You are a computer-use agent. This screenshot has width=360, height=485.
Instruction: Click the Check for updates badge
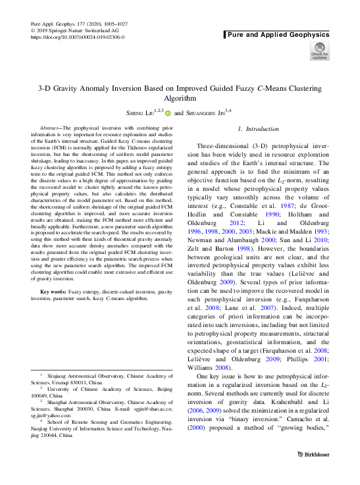[x=319, y=51]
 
